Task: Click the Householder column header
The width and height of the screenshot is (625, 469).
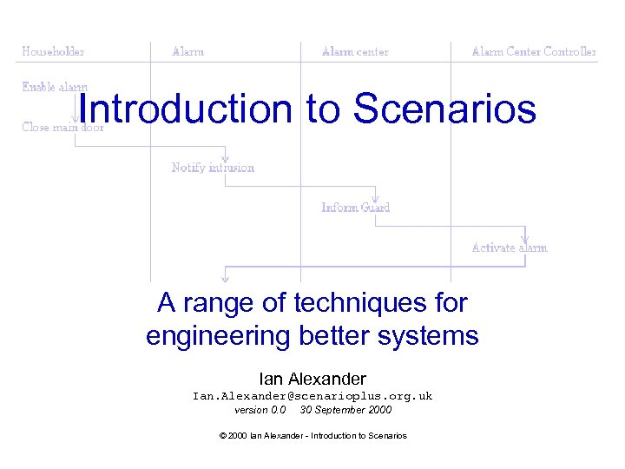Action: click(53, 51)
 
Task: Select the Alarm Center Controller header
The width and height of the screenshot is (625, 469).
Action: click(534, 51)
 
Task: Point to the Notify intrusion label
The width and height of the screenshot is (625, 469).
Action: click(213, 167)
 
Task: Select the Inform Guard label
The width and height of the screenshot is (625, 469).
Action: click(355, 207)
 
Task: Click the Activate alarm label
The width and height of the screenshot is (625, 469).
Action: click(509, 248)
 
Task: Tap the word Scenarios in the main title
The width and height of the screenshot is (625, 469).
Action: click(445, 109)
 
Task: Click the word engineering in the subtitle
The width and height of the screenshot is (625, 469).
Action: click(225, 335)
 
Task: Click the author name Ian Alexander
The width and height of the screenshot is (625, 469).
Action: click(312, 379)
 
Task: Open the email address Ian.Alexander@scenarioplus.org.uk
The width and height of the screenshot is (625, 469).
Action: click(312, 396)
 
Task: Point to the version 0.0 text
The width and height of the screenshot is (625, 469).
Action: click(260, 410)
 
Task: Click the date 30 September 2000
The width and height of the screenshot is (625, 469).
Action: click(345, 410)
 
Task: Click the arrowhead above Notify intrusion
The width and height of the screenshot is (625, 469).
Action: click(225, 158)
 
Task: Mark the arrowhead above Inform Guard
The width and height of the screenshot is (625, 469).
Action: click(375, 198)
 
